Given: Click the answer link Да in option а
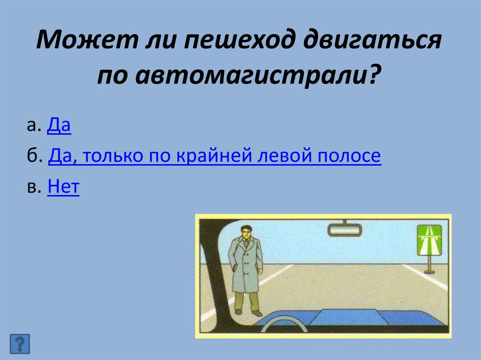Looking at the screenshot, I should click(x=59, y=127).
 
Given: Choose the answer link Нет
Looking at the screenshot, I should click(x=63, y=188).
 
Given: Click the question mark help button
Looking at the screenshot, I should click(x=19, y=344).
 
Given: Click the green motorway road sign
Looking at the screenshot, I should click(x=429, y=240).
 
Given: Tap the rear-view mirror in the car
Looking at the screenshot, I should click(x=344, y=230).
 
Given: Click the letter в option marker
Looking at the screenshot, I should click(x=31, y=188).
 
